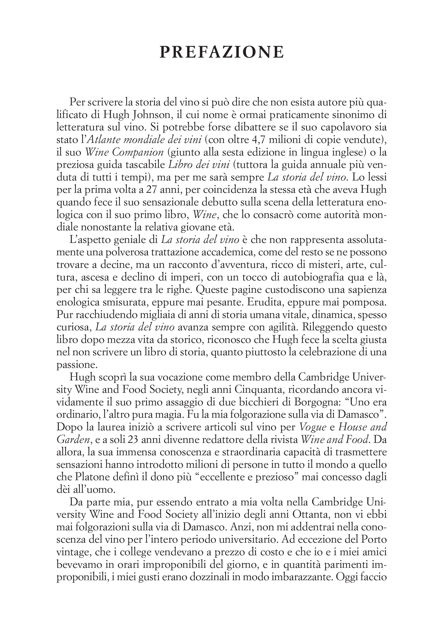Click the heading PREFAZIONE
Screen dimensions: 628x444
pyautogui.click(x=222, y=52)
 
